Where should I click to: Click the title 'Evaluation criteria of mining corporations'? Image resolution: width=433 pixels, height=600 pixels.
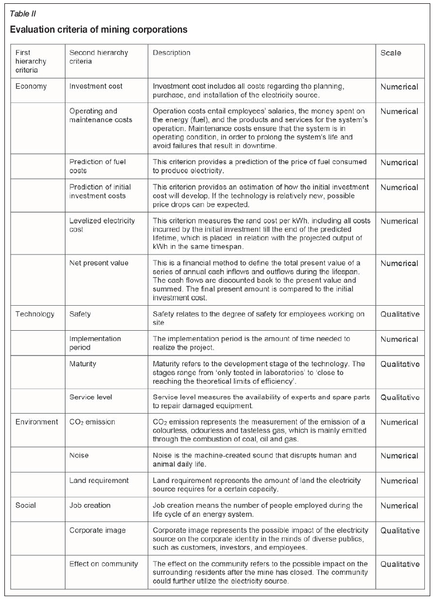pos(99,29)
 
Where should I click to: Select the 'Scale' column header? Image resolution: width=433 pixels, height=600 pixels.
pos(391,53)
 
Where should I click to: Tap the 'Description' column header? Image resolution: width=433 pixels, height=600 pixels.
pos(172,53)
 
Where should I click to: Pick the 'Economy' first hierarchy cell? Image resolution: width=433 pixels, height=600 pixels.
pos(31,86)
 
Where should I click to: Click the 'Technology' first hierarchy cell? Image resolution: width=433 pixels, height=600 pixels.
pos(35,314)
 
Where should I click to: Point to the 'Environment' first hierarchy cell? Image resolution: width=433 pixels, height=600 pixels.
pos(37,422)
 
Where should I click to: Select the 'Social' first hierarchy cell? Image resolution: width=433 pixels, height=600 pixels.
pos(26,505)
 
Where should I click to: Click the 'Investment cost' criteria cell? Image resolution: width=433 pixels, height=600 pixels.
pos(96,86)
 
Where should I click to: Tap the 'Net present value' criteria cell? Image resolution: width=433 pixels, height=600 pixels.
pos(99,263)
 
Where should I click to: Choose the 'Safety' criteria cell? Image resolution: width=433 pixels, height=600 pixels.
pos(80,314)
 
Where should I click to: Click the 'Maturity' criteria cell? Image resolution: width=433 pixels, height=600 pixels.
pos(83,363)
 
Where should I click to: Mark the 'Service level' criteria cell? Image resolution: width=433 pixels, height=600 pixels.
pos(92,397)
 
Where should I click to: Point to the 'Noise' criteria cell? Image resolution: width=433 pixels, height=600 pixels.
pos(79,456)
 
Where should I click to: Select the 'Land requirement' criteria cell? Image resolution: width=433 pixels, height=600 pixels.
pos(99,481)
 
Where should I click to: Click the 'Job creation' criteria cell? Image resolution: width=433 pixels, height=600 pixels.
pos(90,505)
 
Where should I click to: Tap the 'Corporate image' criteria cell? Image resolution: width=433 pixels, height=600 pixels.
pos(97,530)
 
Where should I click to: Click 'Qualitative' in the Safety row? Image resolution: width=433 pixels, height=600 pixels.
pos(400,314)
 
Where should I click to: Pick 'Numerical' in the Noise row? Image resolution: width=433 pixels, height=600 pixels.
pos(399,456)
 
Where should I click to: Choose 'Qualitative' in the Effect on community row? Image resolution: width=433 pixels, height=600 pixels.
pos(400,564)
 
